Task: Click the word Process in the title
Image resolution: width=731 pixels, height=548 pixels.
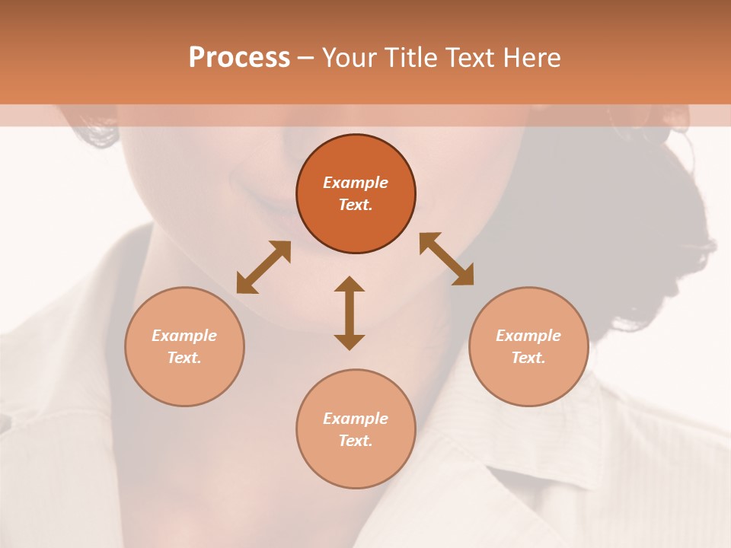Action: coord(239,58)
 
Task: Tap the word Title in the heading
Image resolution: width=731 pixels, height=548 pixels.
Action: coord(411,58)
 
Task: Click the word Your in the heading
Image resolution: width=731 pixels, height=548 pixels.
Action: coord(351,58)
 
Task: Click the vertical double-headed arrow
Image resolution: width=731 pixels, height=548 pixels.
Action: coord(350,313)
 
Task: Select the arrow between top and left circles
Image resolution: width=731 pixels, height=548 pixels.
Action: coord(263,267)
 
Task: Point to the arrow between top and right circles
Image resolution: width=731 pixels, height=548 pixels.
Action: coord(446,260)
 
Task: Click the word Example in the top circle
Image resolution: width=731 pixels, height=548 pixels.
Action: coord(356,183)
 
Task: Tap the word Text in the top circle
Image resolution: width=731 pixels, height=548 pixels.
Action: coord(356,205)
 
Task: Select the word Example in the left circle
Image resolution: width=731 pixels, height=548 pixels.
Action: coord(184,336)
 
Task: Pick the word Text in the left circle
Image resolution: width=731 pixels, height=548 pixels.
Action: coord(184,358)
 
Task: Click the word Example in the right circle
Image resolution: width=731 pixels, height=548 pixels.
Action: coord(528,336)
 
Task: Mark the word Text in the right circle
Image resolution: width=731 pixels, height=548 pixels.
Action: coord(528,358)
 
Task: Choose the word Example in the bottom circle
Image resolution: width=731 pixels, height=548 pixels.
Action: coord(356,419)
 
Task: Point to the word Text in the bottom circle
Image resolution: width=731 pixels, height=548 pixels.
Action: coord(356,441)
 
